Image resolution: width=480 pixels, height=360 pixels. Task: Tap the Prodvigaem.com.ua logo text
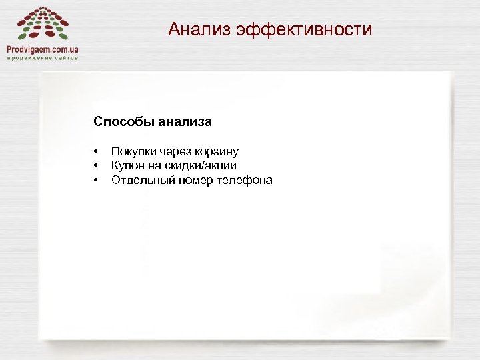(x=43, y=49)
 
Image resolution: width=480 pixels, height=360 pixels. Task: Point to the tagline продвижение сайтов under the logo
(x=43, y=58)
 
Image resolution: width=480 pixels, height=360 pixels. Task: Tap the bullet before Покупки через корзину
(x=96, y=152)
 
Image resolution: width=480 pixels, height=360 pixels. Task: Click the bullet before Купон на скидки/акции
(x=96, y=166)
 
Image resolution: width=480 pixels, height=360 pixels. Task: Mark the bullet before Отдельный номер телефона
(x=96, y=180)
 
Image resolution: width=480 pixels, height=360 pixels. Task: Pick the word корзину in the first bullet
(x=217, y=152)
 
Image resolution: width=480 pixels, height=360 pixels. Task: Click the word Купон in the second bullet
(x=127, y=166)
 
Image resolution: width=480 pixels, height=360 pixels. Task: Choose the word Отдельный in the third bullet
(x=140, y=180)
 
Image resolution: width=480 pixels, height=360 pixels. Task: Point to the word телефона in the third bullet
(x=244, y=180)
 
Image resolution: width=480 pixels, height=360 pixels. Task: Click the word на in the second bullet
(x=153, y=166)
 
